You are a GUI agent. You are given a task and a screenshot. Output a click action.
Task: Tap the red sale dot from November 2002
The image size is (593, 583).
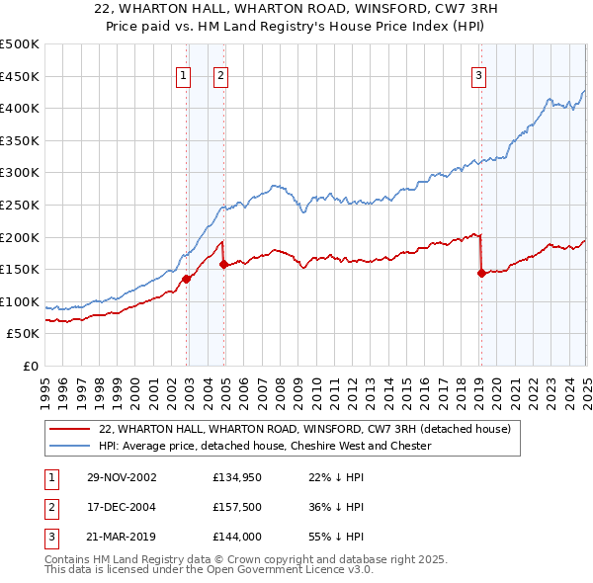tap(187, 280)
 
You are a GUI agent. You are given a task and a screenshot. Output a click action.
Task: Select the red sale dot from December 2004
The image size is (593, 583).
tap(224, 264)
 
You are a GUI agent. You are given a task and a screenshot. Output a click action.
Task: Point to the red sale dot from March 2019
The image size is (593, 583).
tap(481, 274)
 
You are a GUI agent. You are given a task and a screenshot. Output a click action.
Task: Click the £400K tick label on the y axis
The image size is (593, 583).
tap(20, 108)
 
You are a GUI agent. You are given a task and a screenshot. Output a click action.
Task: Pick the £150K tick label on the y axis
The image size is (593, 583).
tap(20, 269)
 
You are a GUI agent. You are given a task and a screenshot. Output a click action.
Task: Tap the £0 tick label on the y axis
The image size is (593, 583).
tap(31, 366)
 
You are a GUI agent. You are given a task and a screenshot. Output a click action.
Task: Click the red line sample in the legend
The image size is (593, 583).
tap(69, 429)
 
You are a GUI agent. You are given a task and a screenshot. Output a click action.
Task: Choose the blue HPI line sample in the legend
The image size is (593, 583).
tap(69, 446)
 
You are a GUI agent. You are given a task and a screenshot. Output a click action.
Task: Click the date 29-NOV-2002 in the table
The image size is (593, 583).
tap(121, 477)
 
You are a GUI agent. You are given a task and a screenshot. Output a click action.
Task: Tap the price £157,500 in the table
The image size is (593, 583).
tap(237, 507)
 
